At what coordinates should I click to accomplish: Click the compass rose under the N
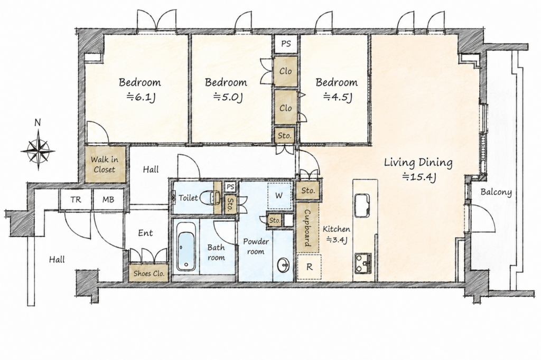tap(38, 150)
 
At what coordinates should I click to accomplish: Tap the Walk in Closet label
tap(105, 165)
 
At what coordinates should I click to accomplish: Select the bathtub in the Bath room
tap(186, 246)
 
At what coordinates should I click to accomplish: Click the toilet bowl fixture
tap(209, 197)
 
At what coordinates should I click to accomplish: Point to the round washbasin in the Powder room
tap(284, 265)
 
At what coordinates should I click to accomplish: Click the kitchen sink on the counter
tap(361, 205)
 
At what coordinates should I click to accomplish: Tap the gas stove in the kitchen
tap(363, 263)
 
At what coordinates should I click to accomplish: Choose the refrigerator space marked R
tap(309, 267)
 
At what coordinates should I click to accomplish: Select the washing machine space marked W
tap(279, 196)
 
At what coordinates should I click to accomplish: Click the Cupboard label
tap(307, 228)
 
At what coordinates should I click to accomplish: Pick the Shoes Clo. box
tap(149, 273)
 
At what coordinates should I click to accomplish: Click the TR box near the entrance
tap(76, 200)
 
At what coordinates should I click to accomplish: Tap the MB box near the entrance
tap(108, 200)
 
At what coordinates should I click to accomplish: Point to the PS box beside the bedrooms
tap(286, 44)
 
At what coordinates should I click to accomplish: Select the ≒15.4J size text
tap(419, 177)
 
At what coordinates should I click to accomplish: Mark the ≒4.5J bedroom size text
tap(338, 97)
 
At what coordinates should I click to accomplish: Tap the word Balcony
tap(496, 192)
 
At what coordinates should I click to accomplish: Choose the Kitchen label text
tap(337, 229)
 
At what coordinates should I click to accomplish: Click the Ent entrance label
tap(145, 233)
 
